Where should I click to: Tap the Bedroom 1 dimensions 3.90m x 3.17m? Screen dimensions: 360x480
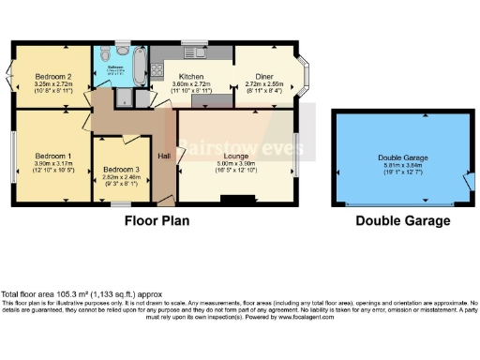click(x=52, y=165)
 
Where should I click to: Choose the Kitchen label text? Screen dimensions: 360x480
click(x=192, y=77)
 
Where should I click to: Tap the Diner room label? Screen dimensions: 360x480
click(x=258, y=77)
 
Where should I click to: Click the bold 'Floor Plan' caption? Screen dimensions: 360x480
click(x=157, y=221)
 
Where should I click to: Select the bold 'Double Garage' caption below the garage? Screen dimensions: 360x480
click(x=402, y=221)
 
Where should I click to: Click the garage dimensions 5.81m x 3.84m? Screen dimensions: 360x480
click(x=401, y=166)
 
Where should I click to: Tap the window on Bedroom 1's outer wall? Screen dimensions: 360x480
click(x=14, y=155)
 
